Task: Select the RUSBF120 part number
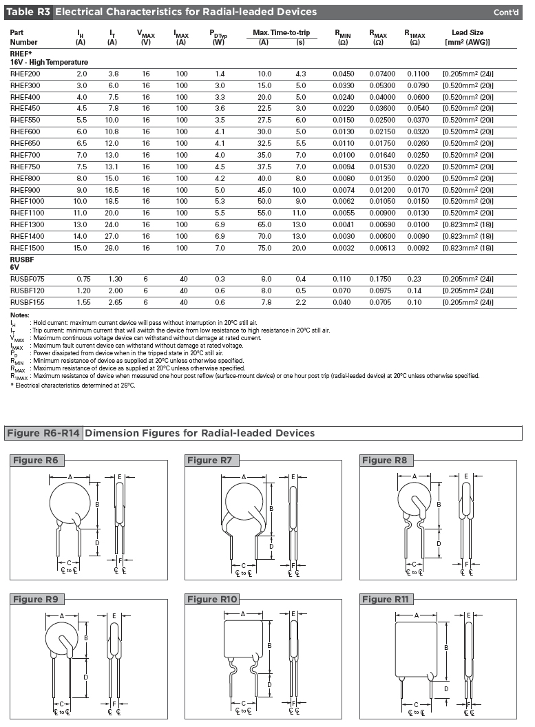(x=27, y=291)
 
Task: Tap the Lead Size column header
(x=468, y=37)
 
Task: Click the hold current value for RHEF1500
(x=81, y=246)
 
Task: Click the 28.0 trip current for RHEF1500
(x=114, y=246)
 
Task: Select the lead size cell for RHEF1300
(x=468, y=223)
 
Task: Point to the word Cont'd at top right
(x=508, y=12)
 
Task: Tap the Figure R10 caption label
(x=213, y=599)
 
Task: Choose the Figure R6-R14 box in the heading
(x=43, y=433)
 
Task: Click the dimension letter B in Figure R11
(x=447, y=647)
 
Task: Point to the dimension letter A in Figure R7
(x=244, y=476)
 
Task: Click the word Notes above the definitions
(x=20, y=315)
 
